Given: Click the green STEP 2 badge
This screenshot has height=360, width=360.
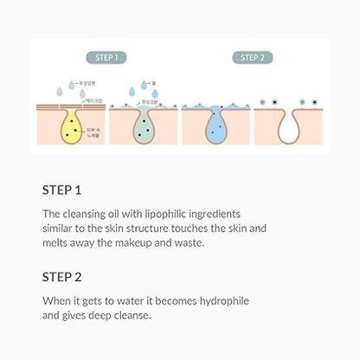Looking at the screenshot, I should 251,58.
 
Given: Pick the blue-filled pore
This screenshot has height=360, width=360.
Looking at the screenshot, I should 215,125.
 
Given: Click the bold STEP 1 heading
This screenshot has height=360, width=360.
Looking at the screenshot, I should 61,188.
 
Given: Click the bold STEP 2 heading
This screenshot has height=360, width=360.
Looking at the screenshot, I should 61,279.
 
